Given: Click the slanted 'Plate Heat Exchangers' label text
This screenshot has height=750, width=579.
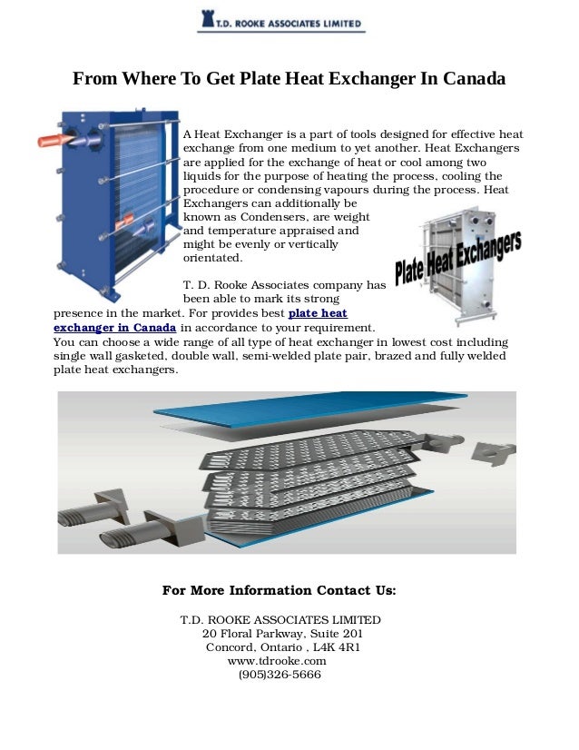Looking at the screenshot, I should (x=458, y=258).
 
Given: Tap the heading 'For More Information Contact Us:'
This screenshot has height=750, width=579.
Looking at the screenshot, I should (x=280, y=590).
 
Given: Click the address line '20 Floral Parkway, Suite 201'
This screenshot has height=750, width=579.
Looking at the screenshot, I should (x=283, y=634).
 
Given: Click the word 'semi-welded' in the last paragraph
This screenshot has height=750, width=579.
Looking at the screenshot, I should (x=250, y=357).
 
